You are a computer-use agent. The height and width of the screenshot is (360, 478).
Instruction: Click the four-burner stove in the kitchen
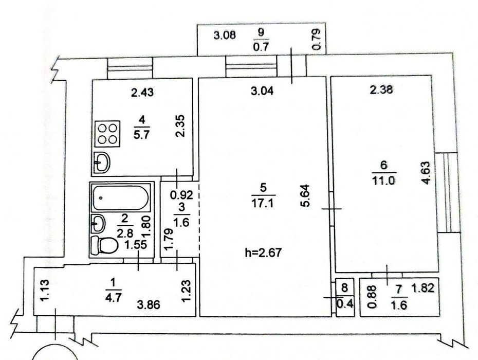107,133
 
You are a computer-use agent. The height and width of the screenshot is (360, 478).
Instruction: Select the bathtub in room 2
121,197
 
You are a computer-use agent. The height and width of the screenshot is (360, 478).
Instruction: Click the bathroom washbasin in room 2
98,224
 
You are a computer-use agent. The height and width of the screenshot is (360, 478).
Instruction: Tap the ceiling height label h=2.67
263,253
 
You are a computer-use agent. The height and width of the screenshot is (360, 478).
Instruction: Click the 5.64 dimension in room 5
305,195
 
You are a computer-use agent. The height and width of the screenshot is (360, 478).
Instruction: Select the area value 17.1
263,203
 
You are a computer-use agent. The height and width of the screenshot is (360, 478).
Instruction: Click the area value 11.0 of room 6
383,181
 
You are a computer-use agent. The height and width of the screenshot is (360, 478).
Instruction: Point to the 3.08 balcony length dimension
225,35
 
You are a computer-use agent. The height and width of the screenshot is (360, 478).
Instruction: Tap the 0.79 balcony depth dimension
317,39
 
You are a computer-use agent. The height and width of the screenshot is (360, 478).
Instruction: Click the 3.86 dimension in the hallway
149,304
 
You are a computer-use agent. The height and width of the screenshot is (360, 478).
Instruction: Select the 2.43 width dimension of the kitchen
142,92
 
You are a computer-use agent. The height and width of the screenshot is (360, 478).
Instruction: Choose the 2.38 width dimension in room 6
381,89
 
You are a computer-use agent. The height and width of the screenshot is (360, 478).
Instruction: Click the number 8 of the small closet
344,287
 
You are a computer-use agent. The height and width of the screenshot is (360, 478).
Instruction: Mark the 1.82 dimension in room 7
422,287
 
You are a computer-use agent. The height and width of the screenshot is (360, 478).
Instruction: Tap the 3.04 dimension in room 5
262,91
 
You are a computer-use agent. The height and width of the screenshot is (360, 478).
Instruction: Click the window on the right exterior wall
447,192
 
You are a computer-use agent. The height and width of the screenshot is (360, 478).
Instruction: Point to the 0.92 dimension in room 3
181,194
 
